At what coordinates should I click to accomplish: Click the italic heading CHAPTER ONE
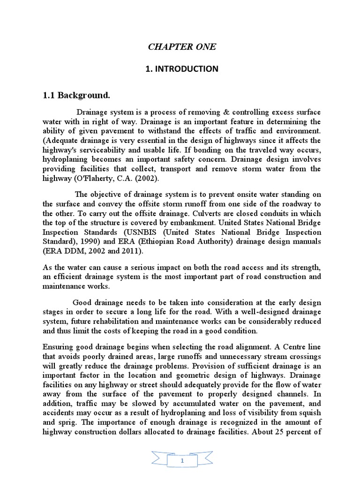click(x=182, y=47)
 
